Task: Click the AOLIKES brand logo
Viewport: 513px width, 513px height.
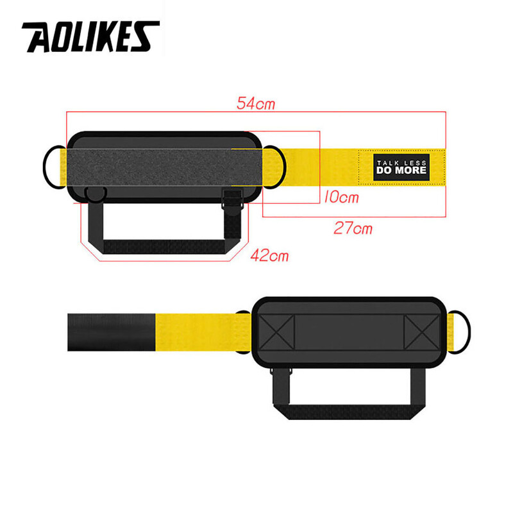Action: click(90, 37)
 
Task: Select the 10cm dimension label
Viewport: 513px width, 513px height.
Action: click(340, 198)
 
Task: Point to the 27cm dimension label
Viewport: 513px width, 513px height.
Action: click(353, 228)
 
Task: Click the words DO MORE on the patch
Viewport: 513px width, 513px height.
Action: click(401, 171)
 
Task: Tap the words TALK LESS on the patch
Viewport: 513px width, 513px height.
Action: click(401, 162)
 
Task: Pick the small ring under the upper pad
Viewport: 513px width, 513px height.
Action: click(96, 194)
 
